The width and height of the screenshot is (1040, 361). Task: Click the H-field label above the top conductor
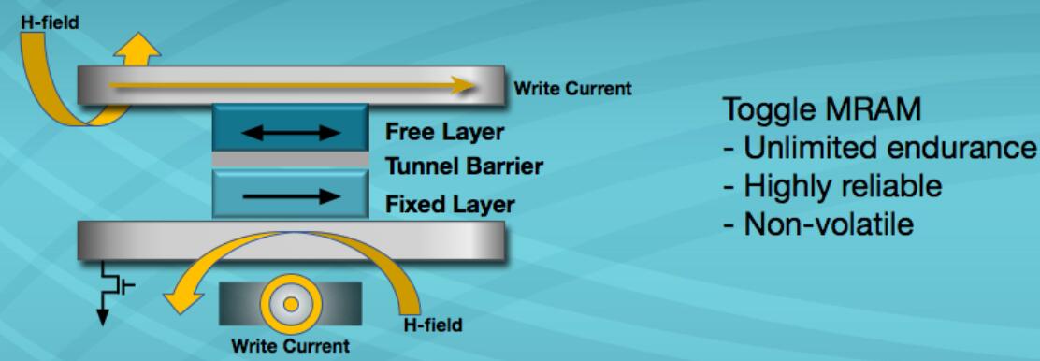[x=49, y=22]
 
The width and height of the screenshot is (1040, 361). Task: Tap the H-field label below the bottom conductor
[x=432, y=325]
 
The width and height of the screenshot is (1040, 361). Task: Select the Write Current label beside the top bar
[x=573, y=88]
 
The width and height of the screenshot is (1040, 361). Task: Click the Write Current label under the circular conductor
[x=290, y=346]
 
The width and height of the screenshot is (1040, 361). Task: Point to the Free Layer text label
[x=444, y=132]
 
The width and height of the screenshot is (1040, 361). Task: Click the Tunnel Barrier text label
[x=464, y=166]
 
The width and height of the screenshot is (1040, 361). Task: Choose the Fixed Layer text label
[x=450, y=203]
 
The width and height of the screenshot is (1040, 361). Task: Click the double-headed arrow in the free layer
[x=291, y=133]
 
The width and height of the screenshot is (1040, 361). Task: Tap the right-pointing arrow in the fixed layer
[x=291, y=195]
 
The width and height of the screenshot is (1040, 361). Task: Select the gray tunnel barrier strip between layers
[x=291, y=159]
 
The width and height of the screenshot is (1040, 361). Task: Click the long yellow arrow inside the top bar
[x=291, y=85]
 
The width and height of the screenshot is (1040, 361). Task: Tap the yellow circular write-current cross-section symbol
[x=291, y=305]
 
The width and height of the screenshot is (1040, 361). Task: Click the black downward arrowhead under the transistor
[x=103, y=317]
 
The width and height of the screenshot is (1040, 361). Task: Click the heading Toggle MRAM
[x=822, y=110]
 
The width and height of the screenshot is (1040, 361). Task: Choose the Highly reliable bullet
[x=832, y=186]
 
